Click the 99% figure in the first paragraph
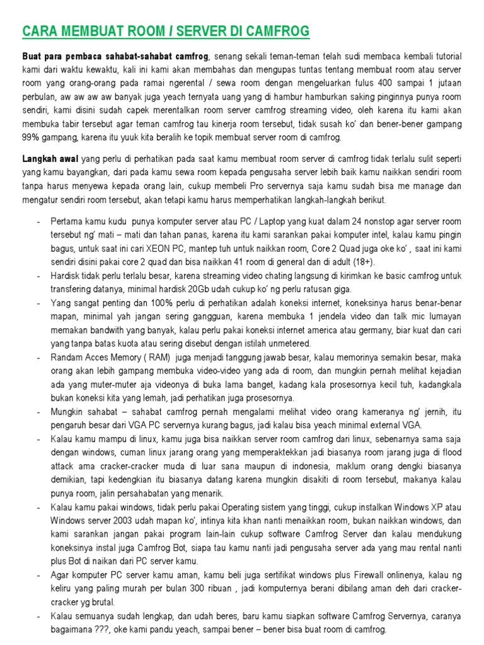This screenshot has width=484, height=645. (x=30, y=137)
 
